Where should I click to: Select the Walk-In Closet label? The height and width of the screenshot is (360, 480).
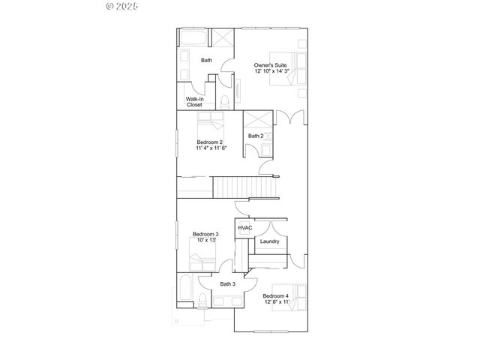[x=194, y=101]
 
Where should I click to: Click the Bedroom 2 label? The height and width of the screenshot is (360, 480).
[x=210, y=141]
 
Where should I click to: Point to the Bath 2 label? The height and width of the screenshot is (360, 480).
[x=256, y=136]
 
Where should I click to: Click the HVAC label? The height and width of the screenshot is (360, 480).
[x=244, y=228]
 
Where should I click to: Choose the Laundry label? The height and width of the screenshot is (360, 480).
[x=269, y=241]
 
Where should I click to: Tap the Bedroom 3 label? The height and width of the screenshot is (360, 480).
[x=205, y=234]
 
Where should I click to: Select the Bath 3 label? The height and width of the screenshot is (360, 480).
[x=227, y=284]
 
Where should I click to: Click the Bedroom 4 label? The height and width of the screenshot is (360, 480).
[x=276, y=296]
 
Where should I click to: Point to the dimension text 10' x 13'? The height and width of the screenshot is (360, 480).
[x=205, y=241]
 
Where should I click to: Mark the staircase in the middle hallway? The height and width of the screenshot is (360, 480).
[x=245, y=187]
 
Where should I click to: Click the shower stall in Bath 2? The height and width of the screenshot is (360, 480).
[x=257, y=119]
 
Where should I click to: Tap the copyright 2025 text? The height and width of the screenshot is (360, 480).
[x=123, y=6]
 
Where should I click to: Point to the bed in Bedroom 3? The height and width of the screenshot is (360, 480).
[x=202, y=262]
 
